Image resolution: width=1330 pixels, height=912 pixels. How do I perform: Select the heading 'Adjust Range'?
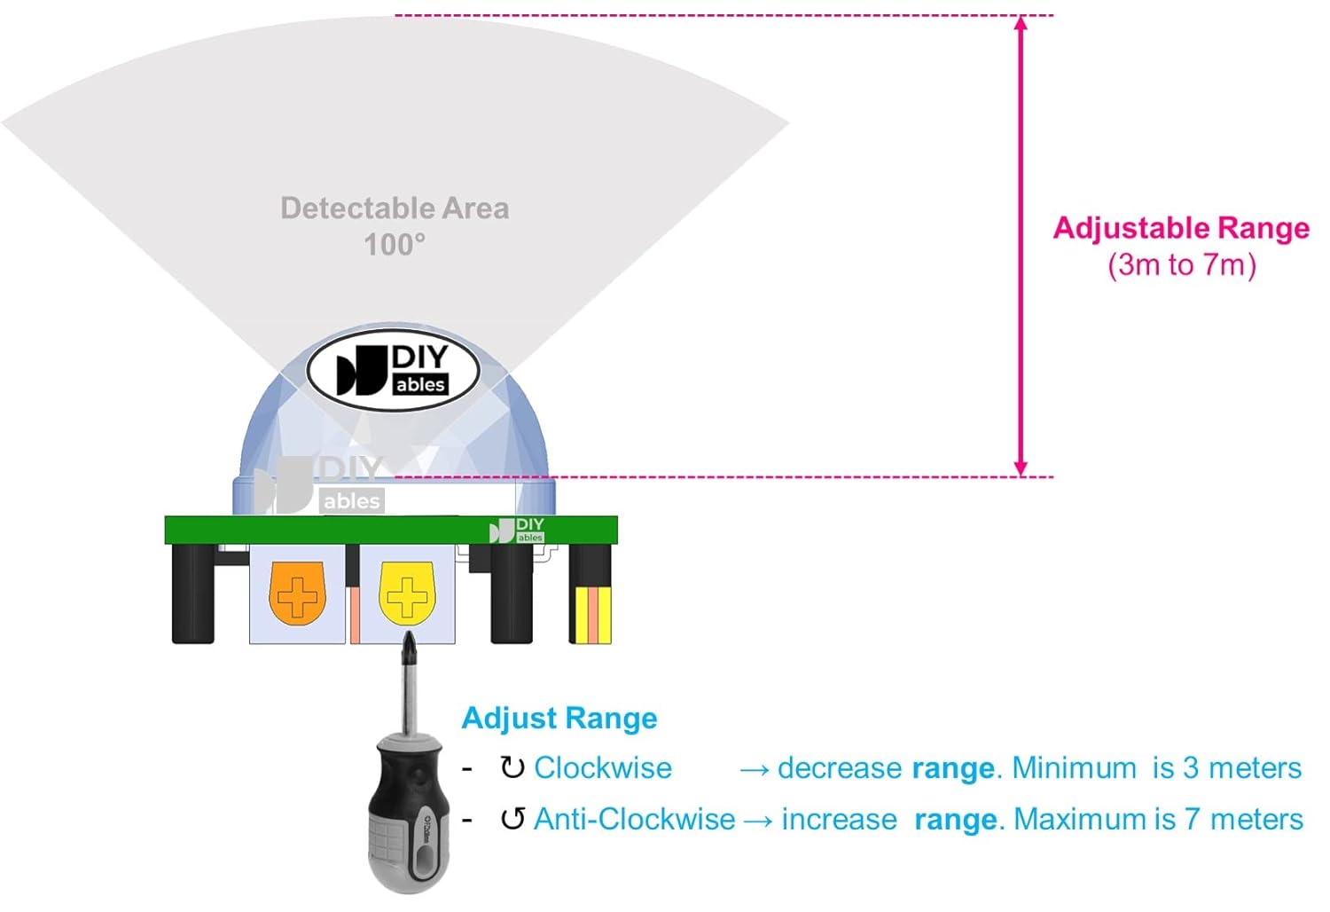559,718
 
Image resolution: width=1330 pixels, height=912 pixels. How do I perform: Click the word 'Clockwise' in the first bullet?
603,767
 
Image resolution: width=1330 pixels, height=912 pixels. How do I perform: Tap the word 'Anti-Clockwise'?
634,819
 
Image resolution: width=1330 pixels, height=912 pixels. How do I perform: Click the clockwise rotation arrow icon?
512,767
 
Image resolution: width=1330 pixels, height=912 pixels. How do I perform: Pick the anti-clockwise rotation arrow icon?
512,819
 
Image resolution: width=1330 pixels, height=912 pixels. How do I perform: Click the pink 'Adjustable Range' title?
1181,228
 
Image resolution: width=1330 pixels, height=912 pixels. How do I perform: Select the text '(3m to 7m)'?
1181,264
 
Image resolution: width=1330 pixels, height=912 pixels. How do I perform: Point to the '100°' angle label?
395,244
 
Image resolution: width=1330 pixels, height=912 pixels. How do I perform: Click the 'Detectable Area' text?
395,208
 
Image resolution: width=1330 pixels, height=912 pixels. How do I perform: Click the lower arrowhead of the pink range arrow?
1021,468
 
